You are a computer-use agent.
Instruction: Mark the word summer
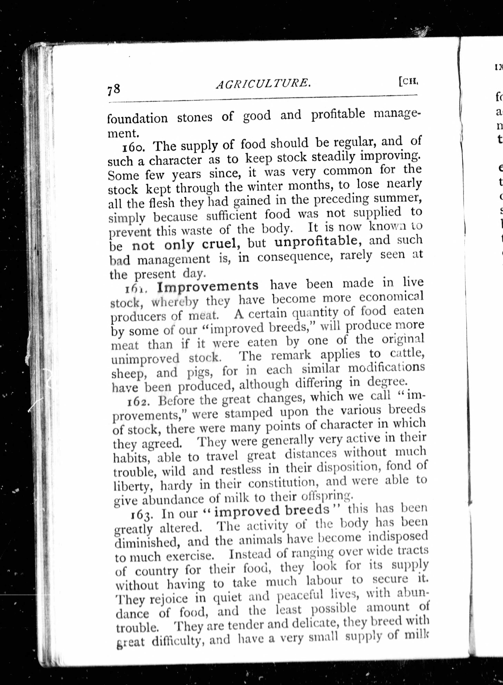click(397, 198)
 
